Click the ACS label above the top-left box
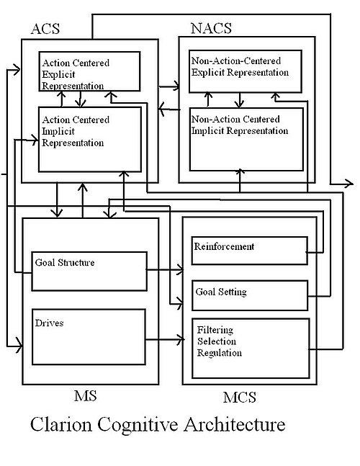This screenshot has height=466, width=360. [45, 29]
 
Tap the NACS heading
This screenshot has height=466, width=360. [211, 28]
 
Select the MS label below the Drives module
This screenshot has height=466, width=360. [86, 396]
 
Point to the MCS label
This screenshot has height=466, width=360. [240, 398]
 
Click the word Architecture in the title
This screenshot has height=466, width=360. [234, 424]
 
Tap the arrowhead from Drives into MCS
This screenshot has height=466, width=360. [181, 339]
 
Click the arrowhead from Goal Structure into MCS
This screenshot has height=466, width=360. [180, 270]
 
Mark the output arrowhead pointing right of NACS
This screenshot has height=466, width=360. [349, 184]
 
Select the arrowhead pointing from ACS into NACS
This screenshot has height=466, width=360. [176, 86]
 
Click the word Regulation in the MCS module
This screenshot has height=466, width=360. [220, 353]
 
